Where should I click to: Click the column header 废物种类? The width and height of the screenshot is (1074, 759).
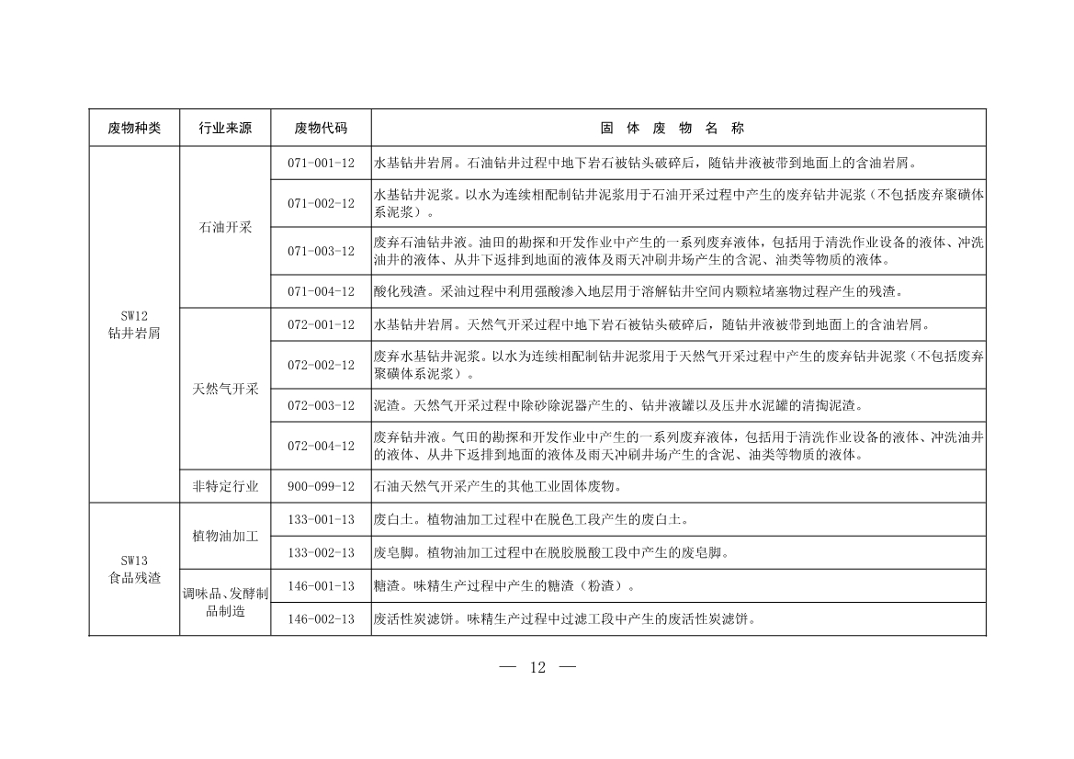pyautogui.click(x=134, y=129)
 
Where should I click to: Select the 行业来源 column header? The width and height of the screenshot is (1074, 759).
pyautogui.click(x=225, y=129)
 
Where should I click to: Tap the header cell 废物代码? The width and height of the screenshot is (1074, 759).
pyautogui.click(x=321, y=129)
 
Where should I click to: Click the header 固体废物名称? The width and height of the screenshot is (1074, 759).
pyautogui.click(x=678, y=129)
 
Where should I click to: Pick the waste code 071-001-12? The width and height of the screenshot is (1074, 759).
pyautogui.click(x=321, y=164)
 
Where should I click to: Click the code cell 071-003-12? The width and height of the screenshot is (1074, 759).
pyautogui.click(x=321, y=251)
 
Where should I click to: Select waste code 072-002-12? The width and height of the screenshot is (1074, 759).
pyautogui.click(x=321, y=365)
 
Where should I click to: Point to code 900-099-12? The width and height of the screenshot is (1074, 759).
pyautogui.click(x=321, y=486)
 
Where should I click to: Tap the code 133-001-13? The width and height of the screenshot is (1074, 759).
pyautogui.click(x=321, y=519)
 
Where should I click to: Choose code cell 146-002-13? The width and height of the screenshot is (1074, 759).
pyautogui.click(x=321, y=618)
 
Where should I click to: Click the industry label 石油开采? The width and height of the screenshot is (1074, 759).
pyautogui.click(x=225, y=227)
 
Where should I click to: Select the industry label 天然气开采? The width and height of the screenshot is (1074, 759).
pyautogui.click(x=225, y=389)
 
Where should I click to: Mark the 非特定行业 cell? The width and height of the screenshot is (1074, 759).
pyautogui.click(x=225, y=486)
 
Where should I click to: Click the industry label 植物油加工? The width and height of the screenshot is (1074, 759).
pyautogui.click(x=225, y=536)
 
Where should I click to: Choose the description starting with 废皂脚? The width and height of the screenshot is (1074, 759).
pyautogui.click(x=549, y=552)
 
